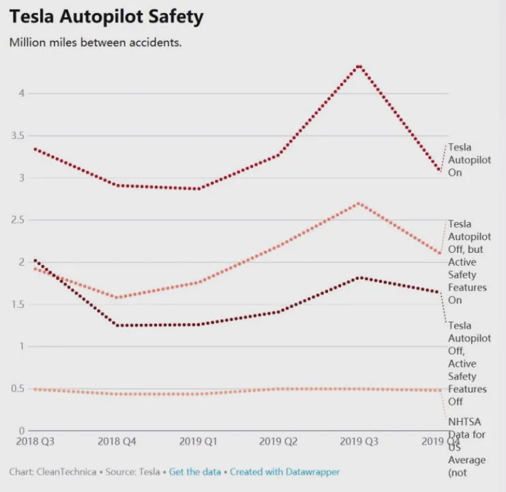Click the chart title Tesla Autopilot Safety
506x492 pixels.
106,16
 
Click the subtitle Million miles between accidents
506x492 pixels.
95,42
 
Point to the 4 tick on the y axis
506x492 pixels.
20,93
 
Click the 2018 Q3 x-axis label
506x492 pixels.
35,442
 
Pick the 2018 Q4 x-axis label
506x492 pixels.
117,442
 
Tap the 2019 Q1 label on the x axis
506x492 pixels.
198,442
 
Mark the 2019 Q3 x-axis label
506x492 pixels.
359,442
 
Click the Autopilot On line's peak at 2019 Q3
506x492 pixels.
359,66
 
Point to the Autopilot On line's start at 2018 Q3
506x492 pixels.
35,149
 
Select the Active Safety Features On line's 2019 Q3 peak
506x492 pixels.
359,203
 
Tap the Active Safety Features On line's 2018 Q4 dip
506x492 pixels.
117,297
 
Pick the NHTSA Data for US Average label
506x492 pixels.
467,446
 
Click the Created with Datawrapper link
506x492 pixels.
284,472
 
